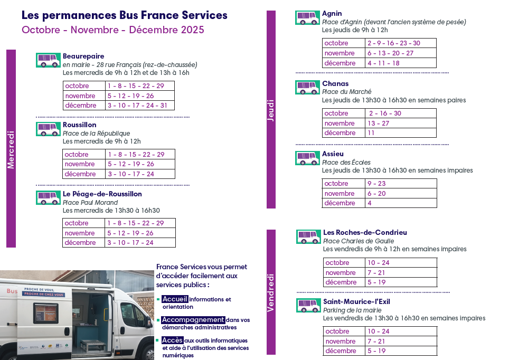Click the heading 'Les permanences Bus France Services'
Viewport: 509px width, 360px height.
pos(125,15)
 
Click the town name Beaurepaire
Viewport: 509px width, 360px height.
pos(83,56)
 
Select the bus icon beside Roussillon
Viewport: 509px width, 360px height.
pos(48,129)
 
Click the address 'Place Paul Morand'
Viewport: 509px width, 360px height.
pos(90,202)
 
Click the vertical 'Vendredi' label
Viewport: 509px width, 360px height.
pos(271,292)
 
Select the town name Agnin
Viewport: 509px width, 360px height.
pos(332,13)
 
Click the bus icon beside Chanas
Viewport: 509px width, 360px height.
pos(308,87)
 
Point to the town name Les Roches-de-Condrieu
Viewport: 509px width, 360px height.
pos(365,232)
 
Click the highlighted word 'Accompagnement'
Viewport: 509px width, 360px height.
pos(193,320)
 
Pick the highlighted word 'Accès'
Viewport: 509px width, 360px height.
pos(172,340)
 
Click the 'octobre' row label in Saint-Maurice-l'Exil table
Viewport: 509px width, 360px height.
pos(337,331)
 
